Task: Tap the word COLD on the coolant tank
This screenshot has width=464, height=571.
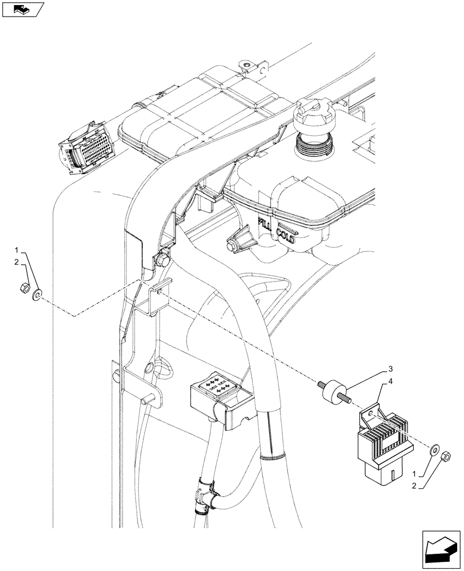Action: [x=285, y=235]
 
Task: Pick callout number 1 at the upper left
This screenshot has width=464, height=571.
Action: [x=17, y=250]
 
